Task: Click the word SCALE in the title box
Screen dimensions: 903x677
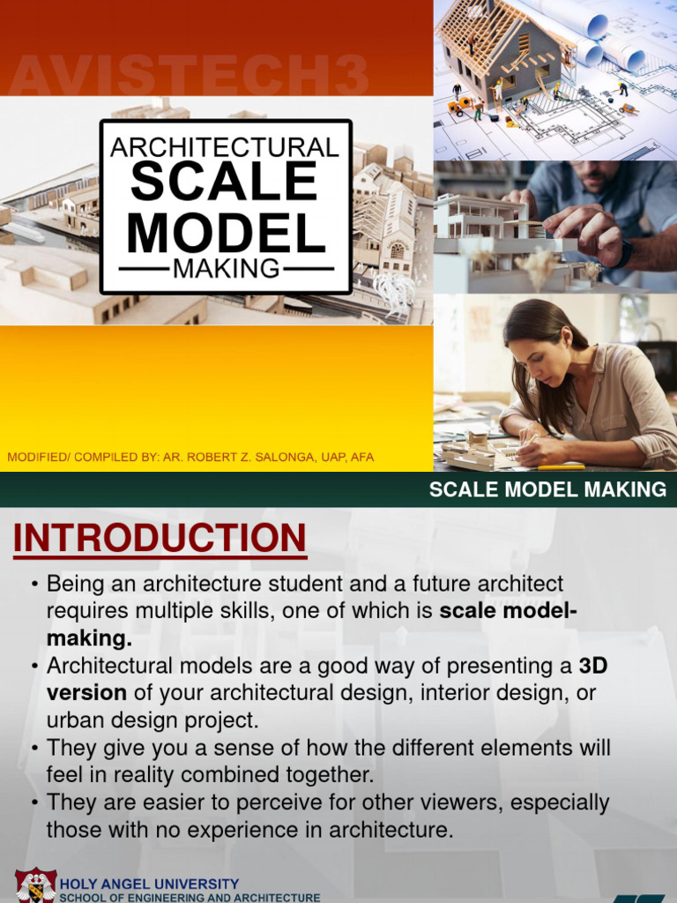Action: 225,182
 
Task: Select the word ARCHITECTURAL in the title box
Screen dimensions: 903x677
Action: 225,146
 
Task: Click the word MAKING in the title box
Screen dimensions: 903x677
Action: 226,268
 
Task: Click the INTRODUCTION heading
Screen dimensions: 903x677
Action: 160,539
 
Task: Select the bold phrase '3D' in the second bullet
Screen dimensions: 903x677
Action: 592,666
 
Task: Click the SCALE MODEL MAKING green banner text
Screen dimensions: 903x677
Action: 547,490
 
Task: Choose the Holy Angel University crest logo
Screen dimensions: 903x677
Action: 35,886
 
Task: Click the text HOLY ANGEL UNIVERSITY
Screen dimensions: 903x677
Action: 149,884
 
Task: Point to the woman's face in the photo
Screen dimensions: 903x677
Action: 534,360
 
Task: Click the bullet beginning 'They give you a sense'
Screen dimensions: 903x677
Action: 328,762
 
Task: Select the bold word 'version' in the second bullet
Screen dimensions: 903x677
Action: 86,692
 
